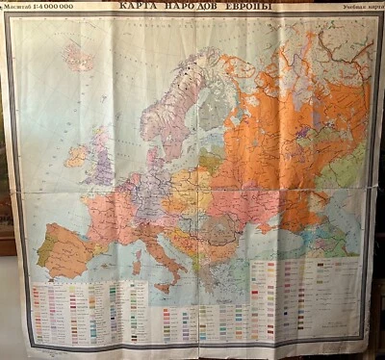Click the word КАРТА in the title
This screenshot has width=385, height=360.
click(141, 7)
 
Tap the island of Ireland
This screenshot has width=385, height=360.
click(75, 154)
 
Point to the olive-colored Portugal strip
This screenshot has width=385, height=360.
click(42, 250)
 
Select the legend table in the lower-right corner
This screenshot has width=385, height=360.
click(298, 298)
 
